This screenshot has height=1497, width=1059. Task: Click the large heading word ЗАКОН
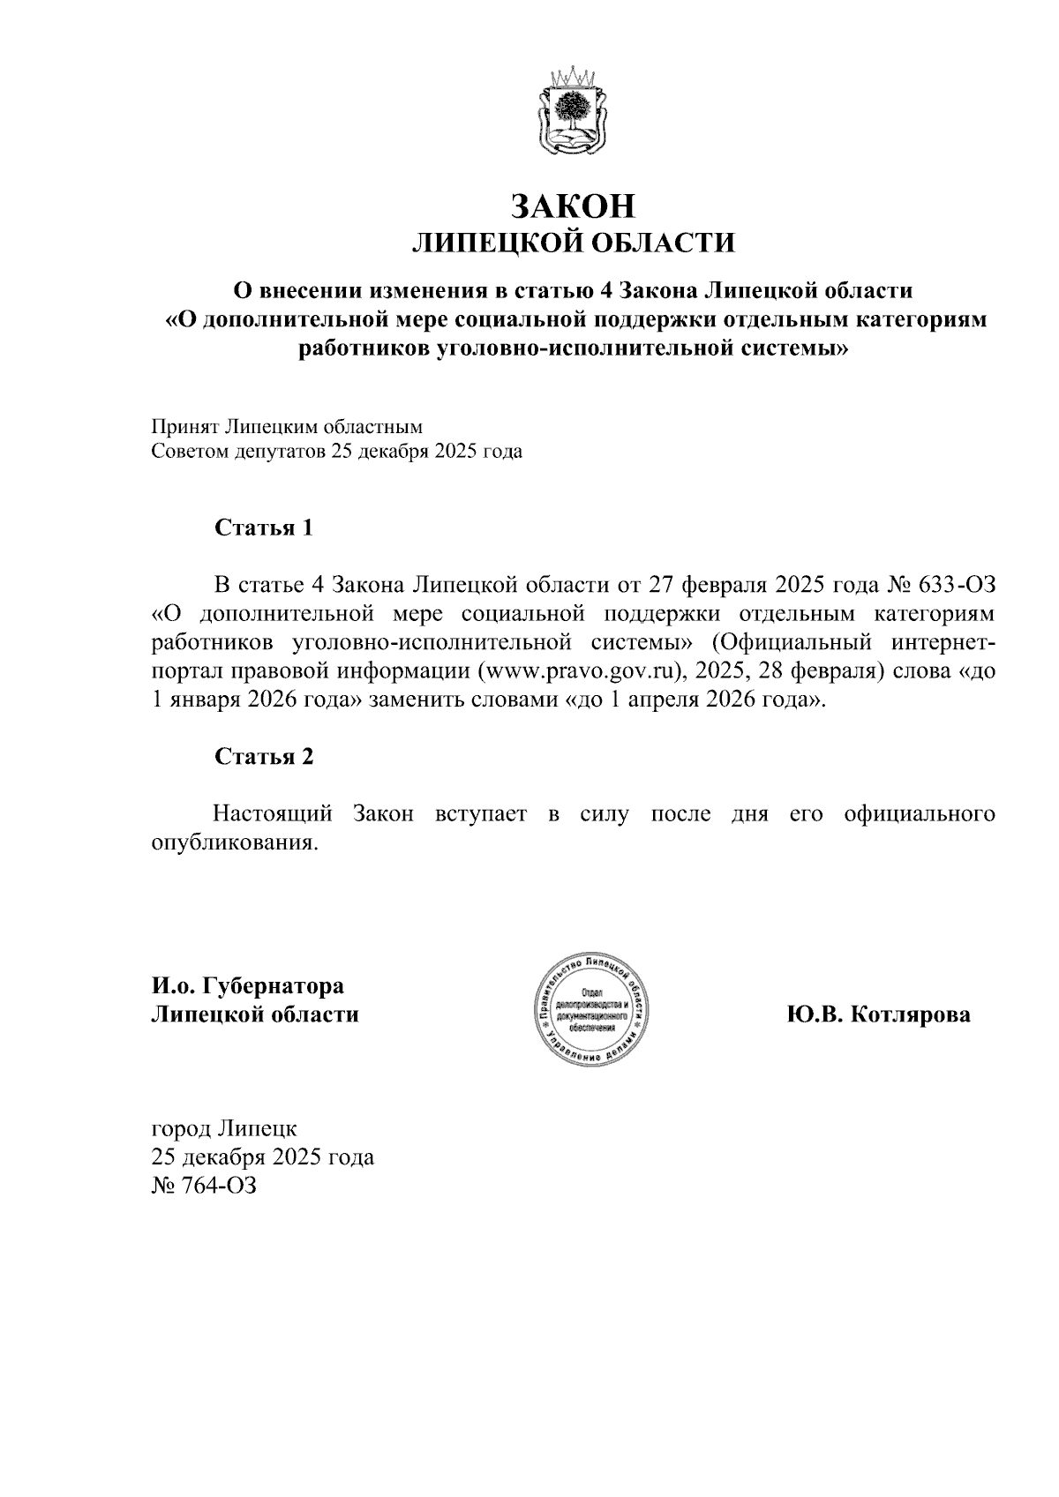tap(574, 205)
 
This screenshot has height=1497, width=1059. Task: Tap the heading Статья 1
tap(264, 528)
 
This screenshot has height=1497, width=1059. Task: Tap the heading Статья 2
tap(264, 757)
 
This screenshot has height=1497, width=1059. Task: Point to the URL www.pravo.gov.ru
tap(582, 670)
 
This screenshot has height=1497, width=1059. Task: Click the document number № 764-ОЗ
tap(204, 1185)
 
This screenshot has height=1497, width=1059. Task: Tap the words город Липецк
tap(224, 1128)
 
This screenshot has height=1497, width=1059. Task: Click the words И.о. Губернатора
tap(248, 985)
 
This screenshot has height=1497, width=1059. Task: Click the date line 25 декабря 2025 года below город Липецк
tap(263, 1156)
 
